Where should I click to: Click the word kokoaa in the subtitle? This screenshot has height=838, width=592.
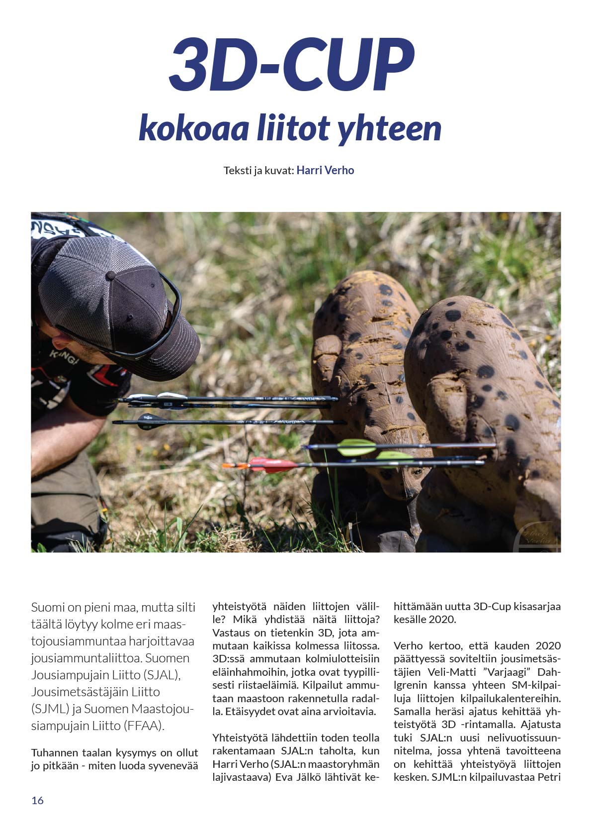tap(193, 128)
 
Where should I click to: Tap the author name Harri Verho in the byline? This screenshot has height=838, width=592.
tap(325, 170)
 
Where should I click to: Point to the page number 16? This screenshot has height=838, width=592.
tap(37, 800)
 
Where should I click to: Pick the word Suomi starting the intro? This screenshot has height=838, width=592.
tap(48, 607)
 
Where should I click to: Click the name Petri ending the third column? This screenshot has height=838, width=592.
tap(549, 777)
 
